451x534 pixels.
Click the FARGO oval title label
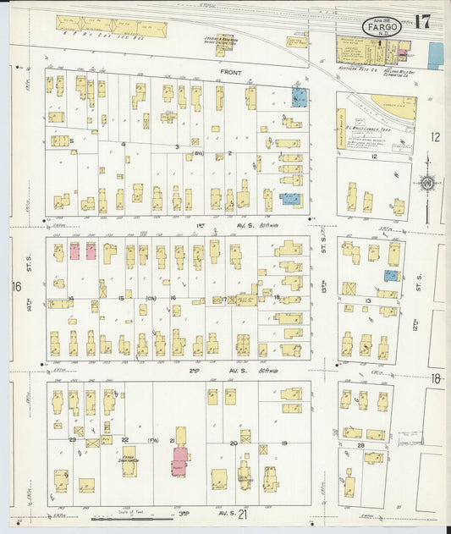click(x=382, y=28)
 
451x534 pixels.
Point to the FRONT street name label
click(x=231, y=73)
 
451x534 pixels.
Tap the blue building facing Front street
click(x=300, y=96)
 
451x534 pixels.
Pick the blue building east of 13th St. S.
click(x=391, y=275)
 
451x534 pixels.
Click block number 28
click(x=360, y=445)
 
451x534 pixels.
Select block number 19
click(x=284, y=443)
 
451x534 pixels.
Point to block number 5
click(x=72, y=141)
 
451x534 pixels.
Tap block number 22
click(x=125, y=440)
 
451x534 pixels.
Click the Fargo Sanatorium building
click(x=129, y=462)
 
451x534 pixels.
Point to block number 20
click(x=234, y=443)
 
